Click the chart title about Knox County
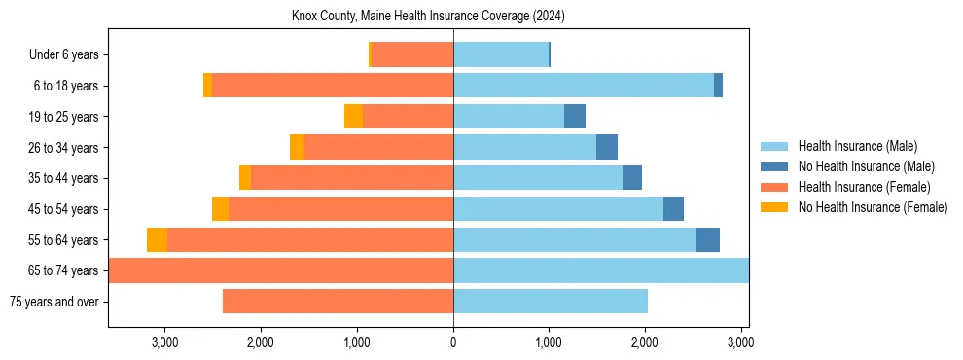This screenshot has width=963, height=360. (428, 17)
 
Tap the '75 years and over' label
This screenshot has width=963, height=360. (53, 302)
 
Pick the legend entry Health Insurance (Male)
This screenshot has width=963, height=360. (857, 146)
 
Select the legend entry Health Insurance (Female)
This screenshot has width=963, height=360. (864, 187)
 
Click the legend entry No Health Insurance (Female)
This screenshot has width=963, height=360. (873, 207)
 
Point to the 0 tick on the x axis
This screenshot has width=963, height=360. (453, 342)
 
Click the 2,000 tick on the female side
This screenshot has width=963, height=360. (261, 342)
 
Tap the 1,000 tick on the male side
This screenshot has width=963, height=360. (549, 342)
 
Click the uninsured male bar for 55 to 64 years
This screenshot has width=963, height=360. (708, 240)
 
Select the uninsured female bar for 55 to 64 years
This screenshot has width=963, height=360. (157, 240)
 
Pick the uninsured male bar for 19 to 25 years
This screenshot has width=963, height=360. (575, 117)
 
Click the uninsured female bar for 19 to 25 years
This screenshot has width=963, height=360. (353, 117)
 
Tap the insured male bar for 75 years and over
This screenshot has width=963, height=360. (551, 302)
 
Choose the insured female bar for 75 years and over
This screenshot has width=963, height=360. (338, 302)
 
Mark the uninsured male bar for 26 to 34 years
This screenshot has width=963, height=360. (607, 148)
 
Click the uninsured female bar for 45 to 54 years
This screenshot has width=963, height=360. (220, 209)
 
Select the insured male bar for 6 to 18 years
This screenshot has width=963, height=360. (584, 86)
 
